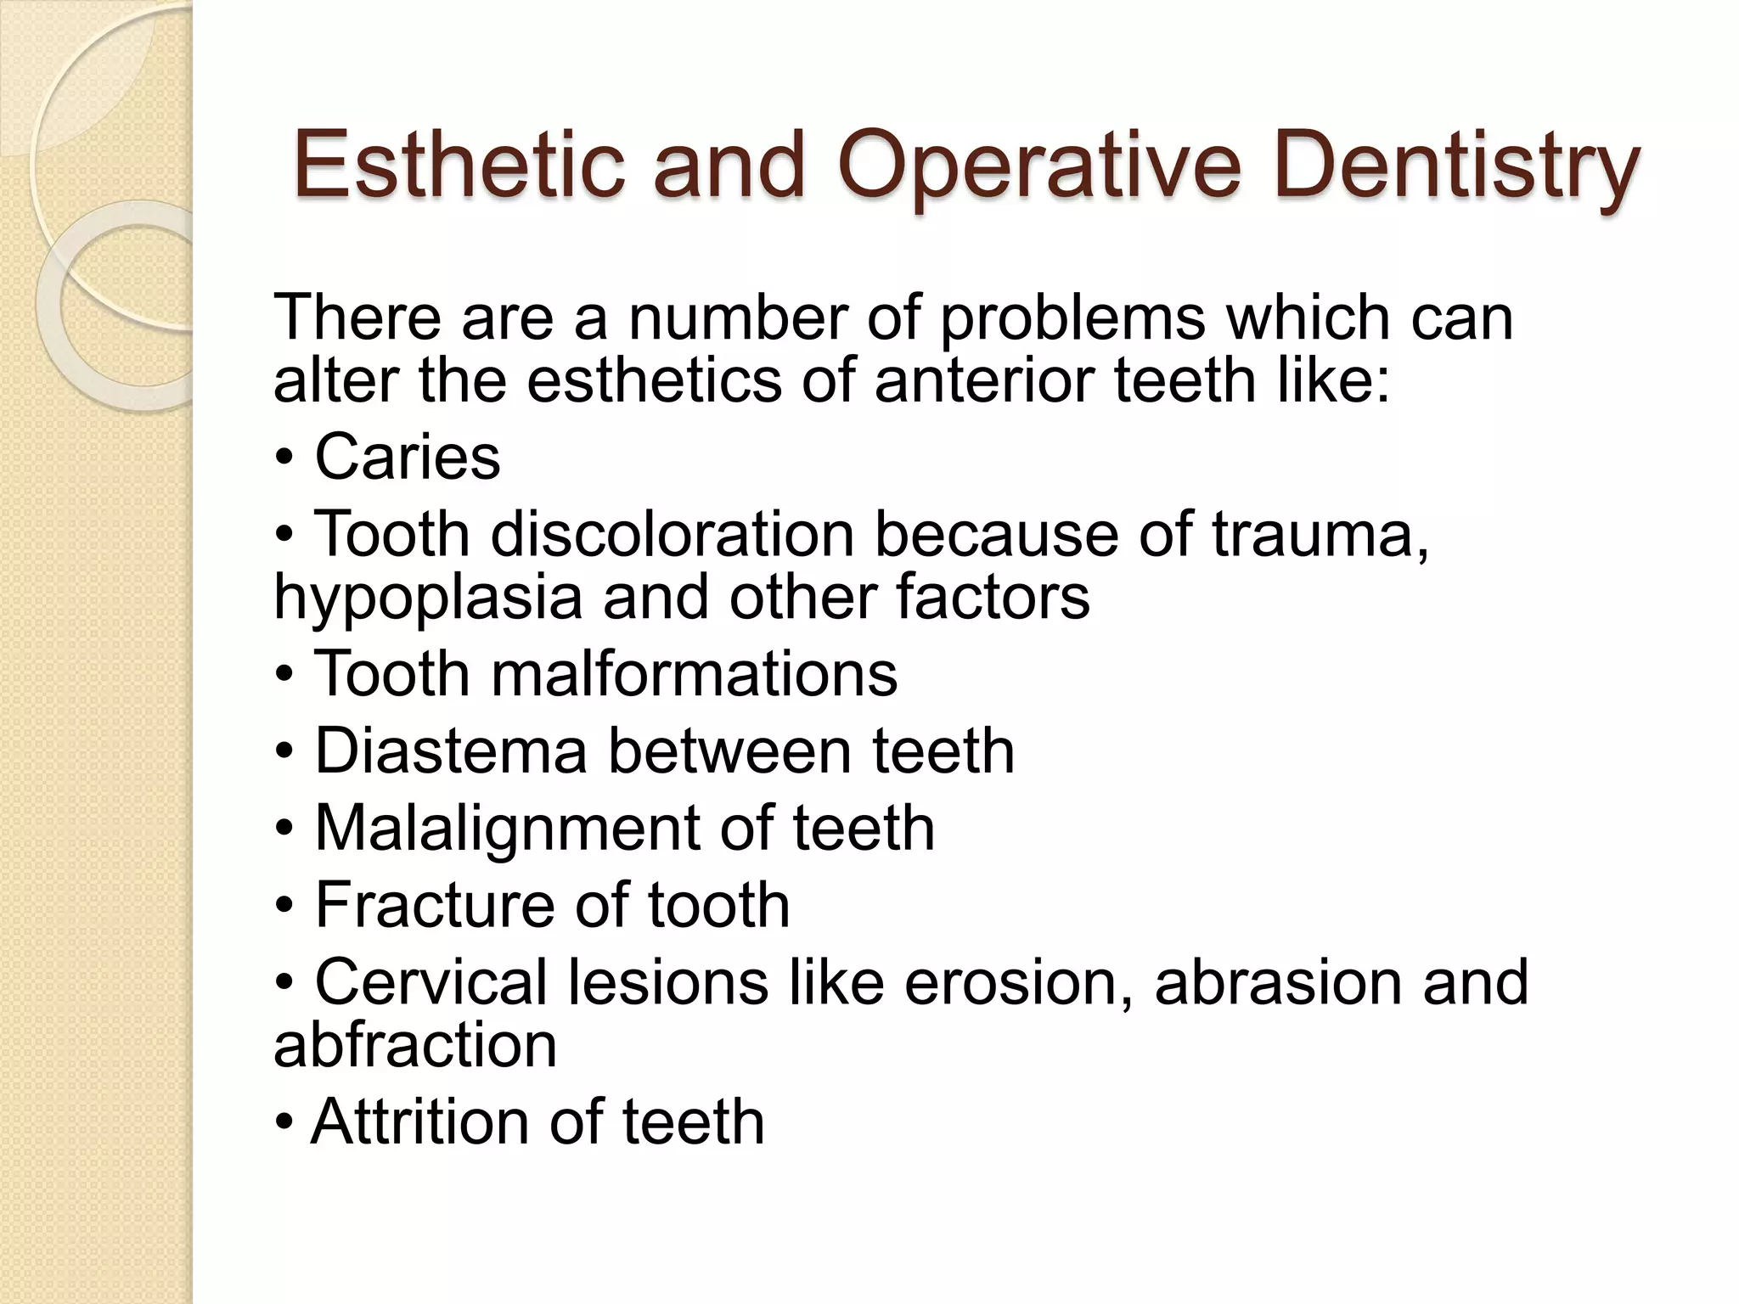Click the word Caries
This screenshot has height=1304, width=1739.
tap(408, 456)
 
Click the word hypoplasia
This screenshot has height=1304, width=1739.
tap(428, 597)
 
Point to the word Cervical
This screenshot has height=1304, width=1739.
tap(431, 981)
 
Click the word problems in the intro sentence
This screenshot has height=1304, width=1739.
tap(1072, 318)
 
